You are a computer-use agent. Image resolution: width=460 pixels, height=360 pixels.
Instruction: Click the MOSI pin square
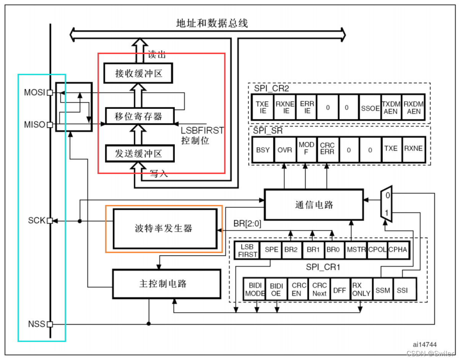[x=50, y=92]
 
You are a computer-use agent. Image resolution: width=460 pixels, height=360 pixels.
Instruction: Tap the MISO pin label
[x=34, y=125]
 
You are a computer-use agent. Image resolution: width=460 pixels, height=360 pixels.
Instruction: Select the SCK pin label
[x=37, y=221]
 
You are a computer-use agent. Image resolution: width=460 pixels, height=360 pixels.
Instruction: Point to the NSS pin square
[x=50, y=324]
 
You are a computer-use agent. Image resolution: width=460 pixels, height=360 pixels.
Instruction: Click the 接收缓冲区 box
[x=139, y=73]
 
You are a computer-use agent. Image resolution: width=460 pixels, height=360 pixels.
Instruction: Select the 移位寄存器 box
[x=139, y=116]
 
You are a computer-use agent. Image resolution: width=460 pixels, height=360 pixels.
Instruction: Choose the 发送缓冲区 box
[x=139, y=154]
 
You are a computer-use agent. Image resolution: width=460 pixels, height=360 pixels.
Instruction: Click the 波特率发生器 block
[x=164, y=229]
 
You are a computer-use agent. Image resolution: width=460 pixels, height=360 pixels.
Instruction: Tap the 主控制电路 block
[x=166, y=284]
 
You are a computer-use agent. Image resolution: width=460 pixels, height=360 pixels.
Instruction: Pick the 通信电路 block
[x=314, y=204]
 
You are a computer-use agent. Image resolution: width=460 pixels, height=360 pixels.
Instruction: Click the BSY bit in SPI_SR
[x=263, y=149]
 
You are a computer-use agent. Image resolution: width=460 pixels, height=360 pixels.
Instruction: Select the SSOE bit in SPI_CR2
[x=370, y=108]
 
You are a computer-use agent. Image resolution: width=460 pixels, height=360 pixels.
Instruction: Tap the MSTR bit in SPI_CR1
[x=356, y=250]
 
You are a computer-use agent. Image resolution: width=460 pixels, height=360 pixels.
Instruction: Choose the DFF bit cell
[x=340, y=290]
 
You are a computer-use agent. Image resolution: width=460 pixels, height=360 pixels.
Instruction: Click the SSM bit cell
[x=382, y=290]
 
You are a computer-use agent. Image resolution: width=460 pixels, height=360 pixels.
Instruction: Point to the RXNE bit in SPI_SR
[x=414, y=149]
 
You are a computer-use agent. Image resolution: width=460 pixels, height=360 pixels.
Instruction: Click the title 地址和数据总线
[x=212, y=24]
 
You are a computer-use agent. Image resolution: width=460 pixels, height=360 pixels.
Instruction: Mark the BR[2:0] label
[x=247, y=224]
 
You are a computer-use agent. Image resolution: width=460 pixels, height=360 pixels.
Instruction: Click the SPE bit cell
[x=271, y=250]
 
